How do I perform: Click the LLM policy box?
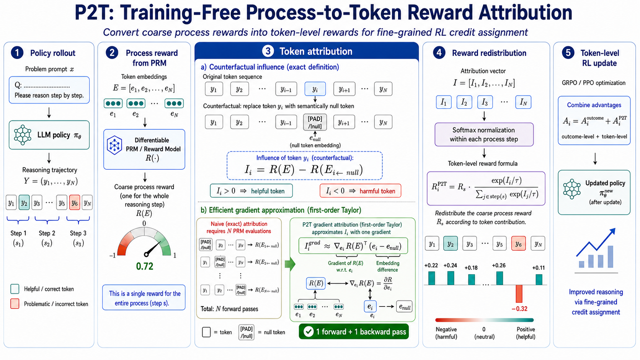(x=49, y=135)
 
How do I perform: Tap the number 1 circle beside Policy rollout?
(x=17, y=53)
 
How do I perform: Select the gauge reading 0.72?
(x=145, y=266)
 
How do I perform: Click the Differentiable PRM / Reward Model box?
(x=144, y=149)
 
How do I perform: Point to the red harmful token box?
(x=360, y=191)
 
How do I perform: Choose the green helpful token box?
(x=251, y=191)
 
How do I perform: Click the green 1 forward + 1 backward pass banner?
(x=354, y=331)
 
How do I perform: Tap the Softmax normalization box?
(x=484, y=134)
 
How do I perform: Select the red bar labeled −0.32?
(x=519, y=294)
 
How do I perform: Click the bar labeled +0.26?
(x=500, y=279)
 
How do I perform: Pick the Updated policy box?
(x=594, y=192)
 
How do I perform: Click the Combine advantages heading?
(x=594, y=105)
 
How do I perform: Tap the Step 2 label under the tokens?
(x=47, y=233)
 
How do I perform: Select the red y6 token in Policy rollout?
(x=75, y=203)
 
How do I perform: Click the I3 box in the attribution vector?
(x=485, y=102)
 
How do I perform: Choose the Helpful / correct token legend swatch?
(x=15, y=289)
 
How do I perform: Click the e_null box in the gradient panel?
(x=404, y=307)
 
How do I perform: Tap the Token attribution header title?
(x=316, y=51)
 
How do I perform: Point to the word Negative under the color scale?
(x=446, y=329)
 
